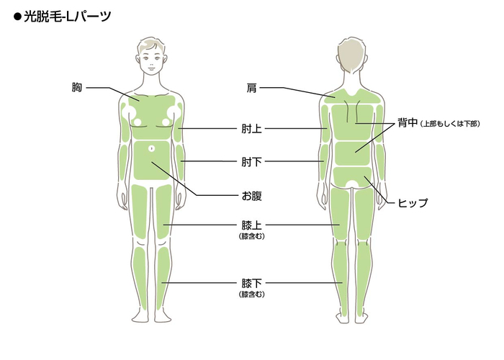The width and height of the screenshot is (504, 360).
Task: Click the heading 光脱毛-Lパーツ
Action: pos(68,17)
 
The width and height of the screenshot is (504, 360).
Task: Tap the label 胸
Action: pos(77,87)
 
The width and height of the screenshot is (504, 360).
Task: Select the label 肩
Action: pos(251,87)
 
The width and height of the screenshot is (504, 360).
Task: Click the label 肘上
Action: pos(251,129)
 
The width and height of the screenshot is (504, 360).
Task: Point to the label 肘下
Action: pos(251,162)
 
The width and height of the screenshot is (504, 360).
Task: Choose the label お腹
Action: pos(251,195)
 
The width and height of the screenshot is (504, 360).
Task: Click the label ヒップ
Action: pos(413,203)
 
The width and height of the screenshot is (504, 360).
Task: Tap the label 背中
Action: pos(408,122)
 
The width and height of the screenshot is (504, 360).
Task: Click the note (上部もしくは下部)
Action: pos(450,124)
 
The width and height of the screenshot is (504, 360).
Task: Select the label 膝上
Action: pos(251,225)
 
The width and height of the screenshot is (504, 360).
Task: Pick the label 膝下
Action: pos(251,283)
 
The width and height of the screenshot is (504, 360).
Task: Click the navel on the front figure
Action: pos(152,148)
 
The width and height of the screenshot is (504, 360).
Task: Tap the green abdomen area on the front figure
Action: pos(151,160)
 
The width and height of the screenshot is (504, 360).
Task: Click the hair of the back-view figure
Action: pos(352,53)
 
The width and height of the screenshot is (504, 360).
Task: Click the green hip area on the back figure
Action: pos(352,177)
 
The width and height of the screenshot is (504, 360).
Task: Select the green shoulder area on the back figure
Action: pos(353,96)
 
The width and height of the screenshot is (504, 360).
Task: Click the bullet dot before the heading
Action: pos(17,17)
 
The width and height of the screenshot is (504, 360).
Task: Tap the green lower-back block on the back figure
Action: pos(353,153)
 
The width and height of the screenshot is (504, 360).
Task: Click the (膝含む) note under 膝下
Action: pos(252,294)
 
